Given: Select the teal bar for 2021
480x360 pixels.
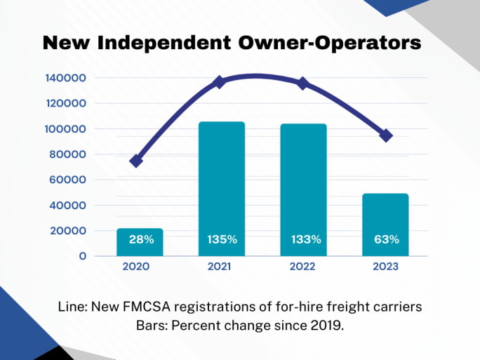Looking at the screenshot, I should pos(222,182).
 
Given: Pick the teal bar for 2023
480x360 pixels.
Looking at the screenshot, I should pos(386,218).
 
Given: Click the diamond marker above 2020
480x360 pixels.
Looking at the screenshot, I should pos(136,161).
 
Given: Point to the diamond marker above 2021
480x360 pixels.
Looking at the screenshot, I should pos(219,82).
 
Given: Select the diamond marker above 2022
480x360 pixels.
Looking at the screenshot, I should pos(302,84).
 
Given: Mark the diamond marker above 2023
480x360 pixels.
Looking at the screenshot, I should pos(385,135).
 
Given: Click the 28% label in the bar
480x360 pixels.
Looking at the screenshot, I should pos(141,239).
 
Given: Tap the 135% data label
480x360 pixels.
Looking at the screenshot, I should pos(222,239).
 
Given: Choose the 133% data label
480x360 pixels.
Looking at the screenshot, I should pos(306,239).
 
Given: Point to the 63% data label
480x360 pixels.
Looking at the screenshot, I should pos(386,239).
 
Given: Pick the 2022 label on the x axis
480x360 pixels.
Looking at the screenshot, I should pos(302,267).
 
